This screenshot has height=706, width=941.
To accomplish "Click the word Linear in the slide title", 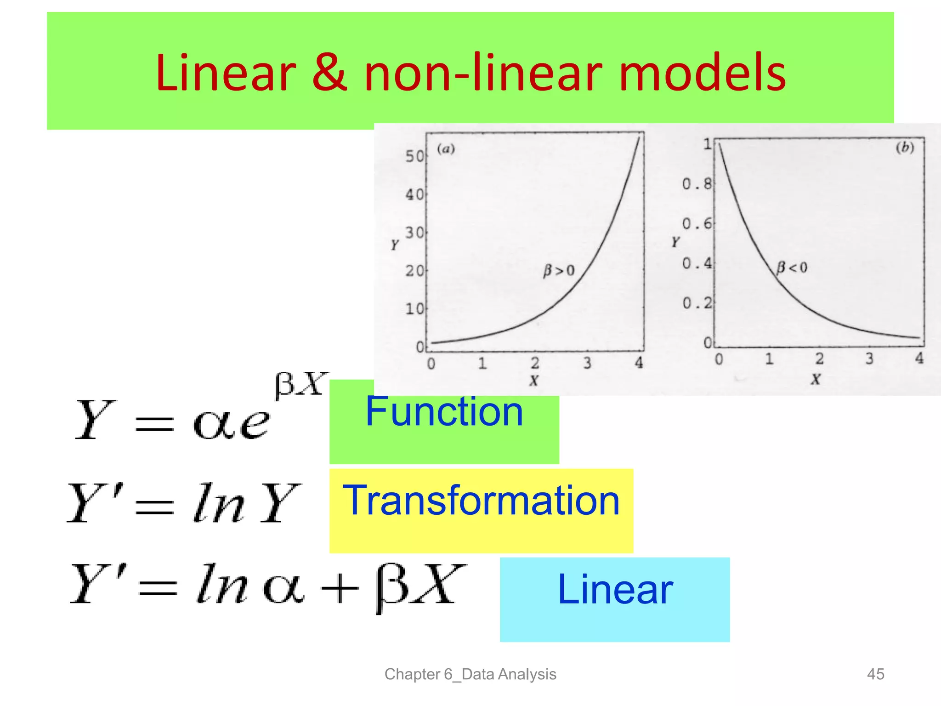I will (x=226, y=73).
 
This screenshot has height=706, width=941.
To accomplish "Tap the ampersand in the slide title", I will (x=329, y=73).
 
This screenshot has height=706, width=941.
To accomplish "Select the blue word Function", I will (x=444, y=411).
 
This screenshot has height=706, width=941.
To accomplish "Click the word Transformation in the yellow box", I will (x=481, y=501).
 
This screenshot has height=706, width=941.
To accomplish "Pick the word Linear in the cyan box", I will (x=615, y=590).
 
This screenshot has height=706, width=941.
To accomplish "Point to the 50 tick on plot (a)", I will (x=414, y=156).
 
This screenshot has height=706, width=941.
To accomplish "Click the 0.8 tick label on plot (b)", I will (x=697, y=184).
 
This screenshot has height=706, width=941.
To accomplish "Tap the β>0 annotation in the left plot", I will (x=559, y=270).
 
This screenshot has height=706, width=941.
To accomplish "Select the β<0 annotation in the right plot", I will (x=791, y=267).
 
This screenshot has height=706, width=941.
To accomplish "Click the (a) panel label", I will (x=445, y=148).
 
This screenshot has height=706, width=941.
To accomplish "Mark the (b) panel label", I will (x=905, y=147).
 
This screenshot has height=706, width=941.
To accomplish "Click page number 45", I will (x=875, y=674).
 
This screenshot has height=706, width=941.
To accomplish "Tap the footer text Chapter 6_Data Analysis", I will (x=470, y=674).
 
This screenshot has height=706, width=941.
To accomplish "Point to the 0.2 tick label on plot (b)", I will (x=697, y=303).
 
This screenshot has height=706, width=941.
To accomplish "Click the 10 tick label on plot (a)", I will (x=414, y=308).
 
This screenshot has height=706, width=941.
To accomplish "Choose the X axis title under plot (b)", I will (x=815, y=379).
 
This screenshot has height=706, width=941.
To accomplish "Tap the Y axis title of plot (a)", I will (x=395, y=245).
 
